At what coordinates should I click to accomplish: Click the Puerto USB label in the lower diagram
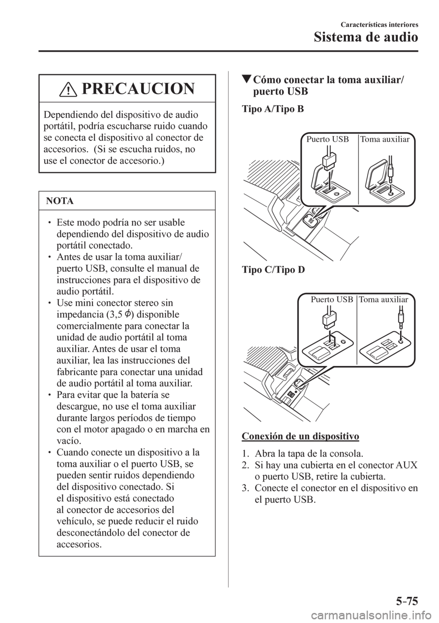[332, 300]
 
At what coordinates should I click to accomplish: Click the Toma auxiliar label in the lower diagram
[384, 300]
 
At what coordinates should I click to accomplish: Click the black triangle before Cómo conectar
[246, 81]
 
